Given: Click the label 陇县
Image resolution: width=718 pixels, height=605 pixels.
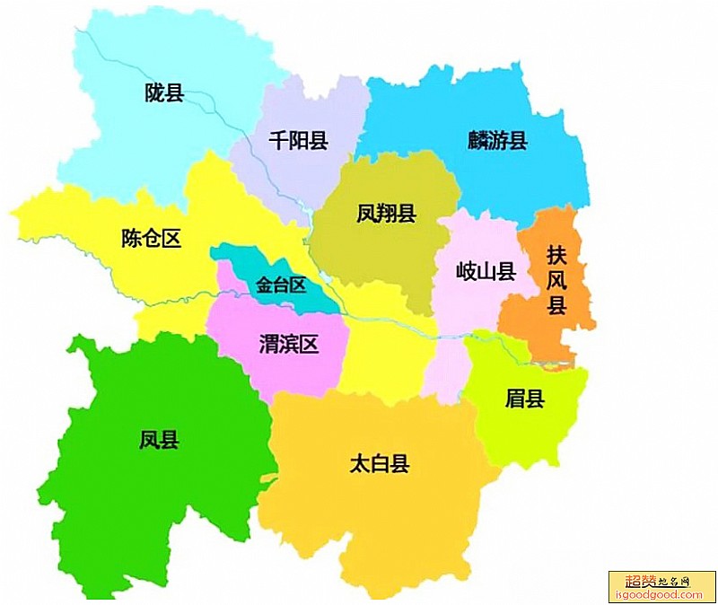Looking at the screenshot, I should click(x=164, y=92).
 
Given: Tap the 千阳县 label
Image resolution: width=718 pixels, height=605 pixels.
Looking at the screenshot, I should click(x=299, y=140).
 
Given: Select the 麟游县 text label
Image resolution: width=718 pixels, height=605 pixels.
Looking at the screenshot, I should click(x=496, y=140).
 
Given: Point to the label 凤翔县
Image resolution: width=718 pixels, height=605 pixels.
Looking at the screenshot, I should click(x=386, y=214).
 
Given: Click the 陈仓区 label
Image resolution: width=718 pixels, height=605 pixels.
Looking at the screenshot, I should click(x=151, y=238).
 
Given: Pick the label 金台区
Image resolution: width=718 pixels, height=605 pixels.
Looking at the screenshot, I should click(x=281, y=285).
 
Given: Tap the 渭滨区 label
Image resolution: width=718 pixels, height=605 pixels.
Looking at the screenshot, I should click(x=289, y=344).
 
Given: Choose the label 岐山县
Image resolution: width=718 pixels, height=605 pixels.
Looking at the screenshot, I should click(x=486, y=271).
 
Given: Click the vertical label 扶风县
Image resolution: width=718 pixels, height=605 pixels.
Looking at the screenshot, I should click(x=557, y=279).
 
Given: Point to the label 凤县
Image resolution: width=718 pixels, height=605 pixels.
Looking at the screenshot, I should click(x=159, y=440).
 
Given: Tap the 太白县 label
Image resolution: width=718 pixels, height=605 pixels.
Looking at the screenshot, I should click(x=379, y=464).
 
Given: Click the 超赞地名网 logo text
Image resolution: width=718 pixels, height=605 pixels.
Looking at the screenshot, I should click(x=649, y=581).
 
